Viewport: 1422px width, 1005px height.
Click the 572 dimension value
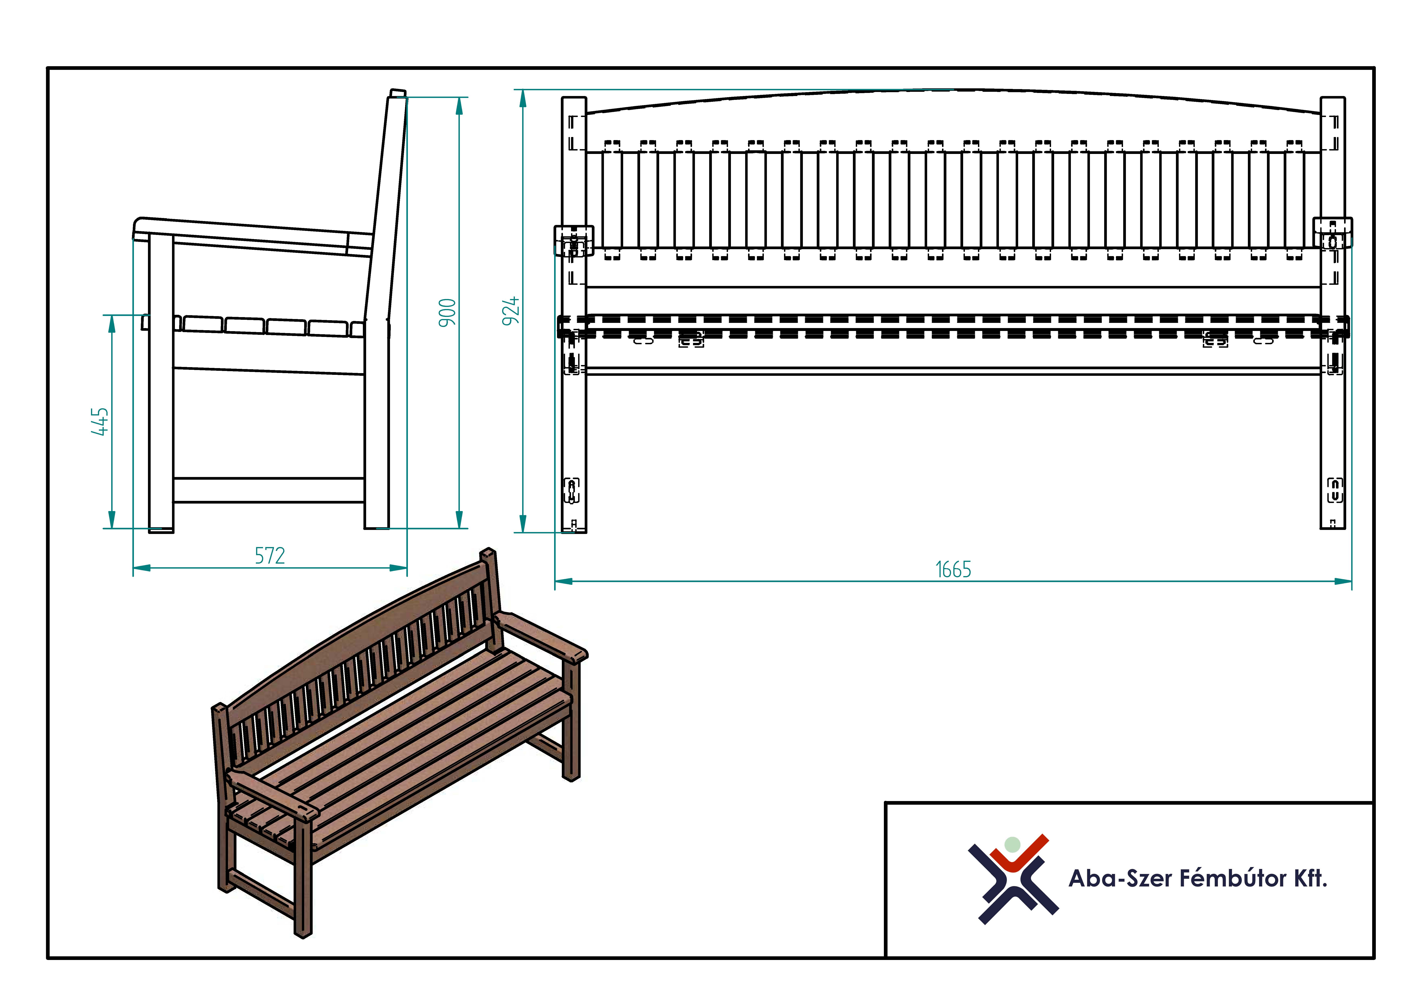[270, 556]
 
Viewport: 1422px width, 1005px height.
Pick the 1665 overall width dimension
[953, 569]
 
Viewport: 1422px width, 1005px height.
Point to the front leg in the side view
[161, 384]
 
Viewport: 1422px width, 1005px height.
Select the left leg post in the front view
[574, 315]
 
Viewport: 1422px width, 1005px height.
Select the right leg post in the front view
[1333, 313]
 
